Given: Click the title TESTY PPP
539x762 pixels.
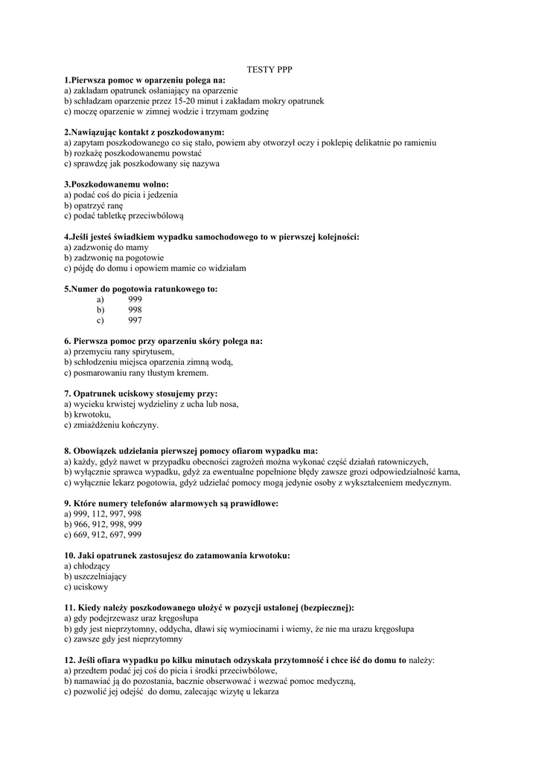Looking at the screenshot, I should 269,69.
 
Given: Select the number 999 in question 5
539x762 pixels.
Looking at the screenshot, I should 135,299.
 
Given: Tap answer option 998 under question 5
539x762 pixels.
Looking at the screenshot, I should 135,310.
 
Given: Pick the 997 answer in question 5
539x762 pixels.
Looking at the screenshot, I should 135,320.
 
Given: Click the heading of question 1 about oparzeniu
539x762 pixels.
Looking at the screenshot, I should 144,80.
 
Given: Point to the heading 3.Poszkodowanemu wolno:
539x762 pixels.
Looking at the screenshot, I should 116,184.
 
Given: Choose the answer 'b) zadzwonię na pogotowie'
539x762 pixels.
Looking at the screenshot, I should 114,257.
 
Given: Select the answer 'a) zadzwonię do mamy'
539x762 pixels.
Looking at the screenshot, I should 106,247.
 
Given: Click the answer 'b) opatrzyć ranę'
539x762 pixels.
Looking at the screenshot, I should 94,205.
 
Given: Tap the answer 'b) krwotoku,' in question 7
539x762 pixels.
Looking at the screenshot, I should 88,414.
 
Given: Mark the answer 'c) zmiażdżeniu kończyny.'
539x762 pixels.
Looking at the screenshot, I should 112,425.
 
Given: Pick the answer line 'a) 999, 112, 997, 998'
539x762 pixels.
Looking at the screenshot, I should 103,513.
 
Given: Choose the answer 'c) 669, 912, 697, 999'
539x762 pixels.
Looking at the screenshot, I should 103,534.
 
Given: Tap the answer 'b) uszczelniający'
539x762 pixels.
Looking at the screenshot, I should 95,576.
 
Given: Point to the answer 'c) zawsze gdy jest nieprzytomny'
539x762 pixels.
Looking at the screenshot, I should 123,638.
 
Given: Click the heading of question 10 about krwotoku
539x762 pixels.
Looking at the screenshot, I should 177,555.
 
